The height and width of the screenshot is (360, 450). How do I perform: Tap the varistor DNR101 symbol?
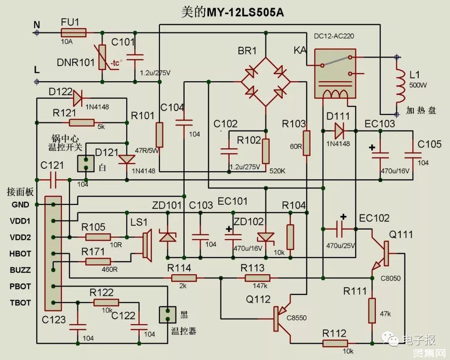pos(102,58)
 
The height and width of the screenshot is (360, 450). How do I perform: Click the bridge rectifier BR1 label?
pos(247,51)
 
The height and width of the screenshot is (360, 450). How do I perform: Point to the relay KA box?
pos(335,74)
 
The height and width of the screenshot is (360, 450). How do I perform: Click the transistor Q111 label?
pos(401,235)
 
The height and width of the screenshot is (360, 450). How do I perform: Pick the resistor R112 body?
pos(335,343)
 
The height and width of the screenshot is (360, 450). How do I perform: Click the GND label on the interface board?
pos(20,205)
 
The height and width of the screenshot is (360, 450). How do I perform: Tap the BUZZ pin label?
pos(20,270)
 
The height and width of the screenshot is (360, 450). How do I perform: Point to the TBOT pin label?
pos(20,302)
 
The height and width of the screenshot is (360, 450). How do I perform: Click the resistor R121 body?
pos(82,122)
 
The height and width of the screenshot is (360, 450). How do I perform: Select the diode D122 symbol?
pos(77,99)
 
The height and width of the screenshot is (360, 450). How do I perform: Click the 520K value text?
pos(277,171)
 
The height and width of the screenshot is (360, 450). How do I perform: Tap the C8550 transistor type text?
pos(297,318)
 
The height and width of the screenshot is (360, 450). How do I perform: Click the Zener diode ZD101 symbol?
pos(168,237)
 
